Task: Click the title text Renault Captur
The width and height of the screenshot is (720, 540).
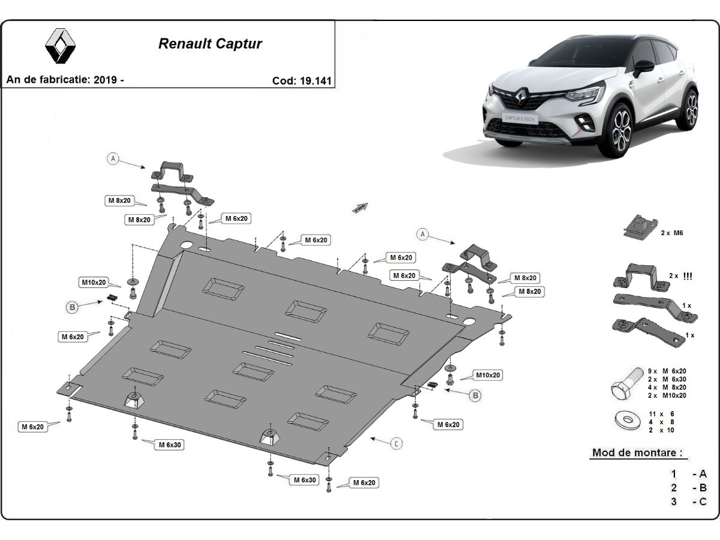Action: (x=210, y=44)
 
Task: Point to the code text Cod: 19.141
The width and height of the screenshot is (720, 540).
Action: (x=302, y=80)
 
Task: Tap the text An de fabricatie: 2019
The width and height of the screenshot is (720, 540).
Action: (x=65, y=80)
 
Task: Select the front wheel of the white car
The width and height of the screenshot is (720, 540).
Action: (x=622, y=128)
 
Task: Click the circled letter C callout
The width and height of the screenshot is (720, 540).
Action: (x=397, y=444)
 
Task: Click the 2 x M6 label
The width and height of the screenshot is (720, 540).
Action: (x=673, y=232)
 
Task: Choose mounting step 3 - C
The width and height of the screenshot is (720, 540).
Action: (x=689, y=502)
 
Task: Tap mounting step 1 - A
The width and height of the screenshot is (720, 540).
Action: (x=689, y=473)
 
